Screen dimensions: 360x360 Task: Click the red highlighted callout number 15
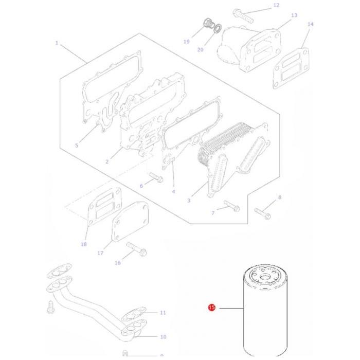(x=211, y=308)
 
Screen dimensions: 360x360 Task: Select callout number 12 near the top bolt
(x=276, y=5)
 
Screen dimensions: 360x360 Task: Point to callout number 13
(x=294, y=15)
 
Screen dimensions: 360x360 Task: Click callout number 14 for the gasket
(x=310, y=24)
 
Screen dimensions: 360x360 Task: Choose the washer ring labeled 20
(x=218, y=28)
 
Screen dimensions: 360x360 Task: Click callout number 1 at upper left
(x=57, y=43)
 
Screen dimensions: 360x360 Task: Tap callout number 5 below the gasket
(x=77, y=146)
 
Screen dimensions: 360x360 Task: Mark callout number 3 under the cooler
(x=189, y=201)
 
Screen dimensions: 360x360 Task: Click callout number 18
(x=84, y=244)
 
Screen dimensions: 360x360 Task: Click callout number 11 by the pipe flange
(x=163, y=312)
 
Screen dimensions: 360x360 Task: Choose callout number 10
(x=163, y=337)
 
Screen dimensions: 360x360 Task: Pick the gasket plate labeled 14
(x=291, y=65)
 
